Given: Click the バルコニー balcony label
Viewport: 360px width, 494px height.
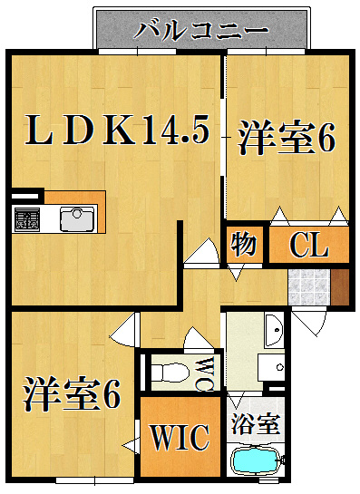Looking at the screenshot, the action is click(x=201, y=31).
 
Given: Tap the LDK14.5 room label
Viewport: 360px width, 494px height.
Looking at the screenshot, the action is click(x=117, y=130).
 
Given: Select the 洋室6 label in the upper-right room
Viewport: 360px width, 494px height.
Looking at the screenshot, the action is click(x=287, y=138).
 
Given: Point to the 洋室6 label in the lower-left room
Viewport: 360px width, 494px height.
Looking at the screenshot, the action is click(x=72, y=393).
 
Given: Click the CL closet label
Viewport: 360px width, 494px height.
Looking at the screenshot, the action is click(x=309, y=245).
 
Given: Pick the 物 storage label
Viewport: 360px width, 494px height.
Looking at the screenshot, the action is click(x=243, y=244).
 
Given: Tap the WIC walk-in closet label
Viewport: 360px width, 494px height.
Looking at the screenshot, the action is click(x=180, y=437).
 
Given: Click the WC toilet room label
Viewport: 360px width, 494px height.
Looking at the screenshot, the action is click(x=207, y=373).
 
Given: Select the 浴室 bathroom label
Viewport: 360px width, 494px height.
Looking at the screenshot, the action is click(x=256, y=424).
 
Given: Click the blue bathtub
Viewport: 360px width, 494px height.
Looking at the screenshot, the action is click(x=256, y=461).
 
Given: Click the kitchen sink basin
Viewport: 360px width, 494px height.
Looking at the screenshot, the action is click(x=77, y=218).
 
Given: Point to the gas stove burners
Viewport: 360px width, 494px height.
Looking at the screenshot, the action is click(x=27, y=218).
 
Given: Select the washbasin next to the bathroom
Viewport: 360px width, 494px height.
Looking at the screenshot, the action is click(x=274, y=330).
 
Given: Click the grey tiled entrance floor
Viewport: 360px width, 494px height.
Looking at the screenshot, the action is click(x=309, y=287).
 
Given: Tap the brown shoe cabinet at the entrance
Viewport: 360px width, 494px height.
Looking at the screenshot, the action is click(x=339, y=287).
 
